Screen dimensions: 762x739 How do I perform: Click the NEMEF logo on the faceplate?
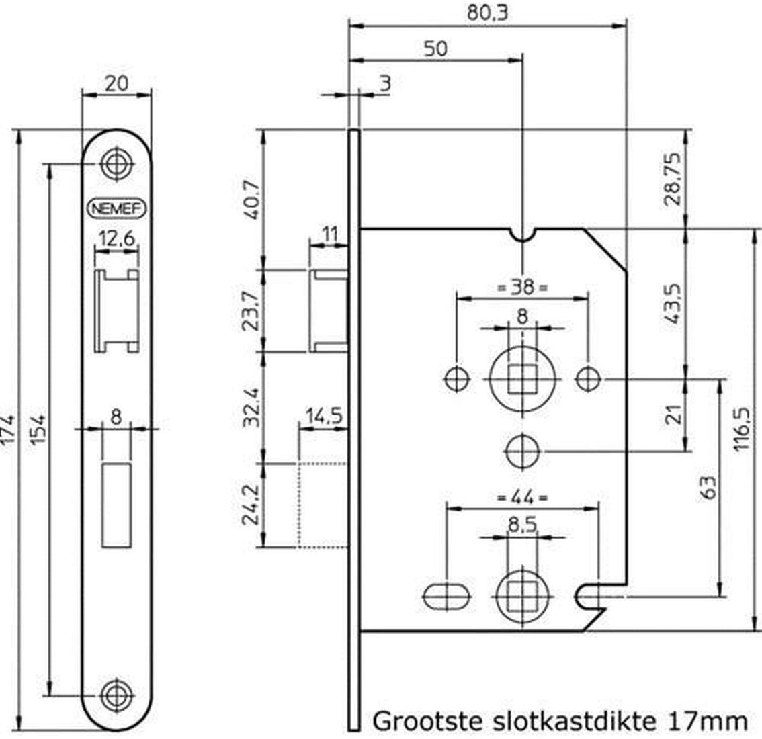point(117,208)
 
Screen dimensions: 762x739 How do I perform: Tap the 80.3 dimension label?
point(487,13)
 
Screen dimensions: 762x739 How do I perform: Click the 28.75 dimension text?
point(673,179)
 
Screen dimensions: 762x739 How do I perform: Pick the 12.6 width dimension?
point(117,239)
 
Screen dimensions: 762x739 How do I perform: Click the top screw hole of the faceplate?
point(116,163)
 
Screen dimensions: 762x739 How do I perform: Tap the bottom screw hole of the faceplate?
point(117,695)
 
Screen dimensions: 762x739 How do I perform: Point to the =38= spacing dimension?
point(523,287)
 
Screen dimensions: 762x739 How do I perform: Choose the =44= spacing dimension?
point(523,498)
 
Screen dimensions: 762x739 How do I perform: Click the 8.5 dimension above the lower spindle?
point(522,525)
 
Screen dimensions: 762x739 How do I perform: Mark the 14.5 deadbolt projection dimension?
point(324,416)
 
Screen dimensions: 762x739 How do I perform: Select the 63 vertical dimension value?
point(709,487)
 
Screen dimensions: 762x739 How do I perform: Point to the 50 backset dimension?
point(435,48)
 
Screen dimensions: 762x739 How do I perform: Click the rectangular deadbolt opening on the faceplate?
point(117,505)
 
